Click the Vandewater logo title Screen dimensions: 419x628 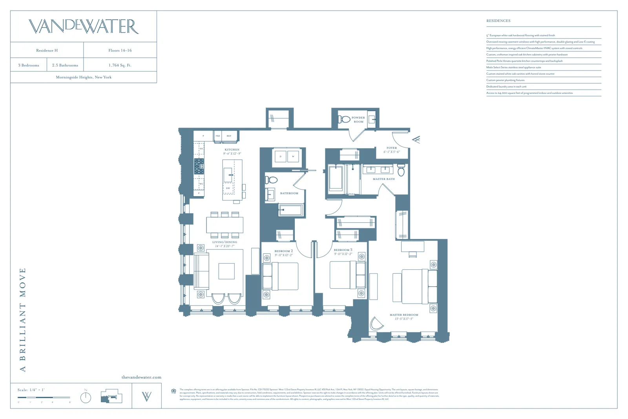(x=84, y=26)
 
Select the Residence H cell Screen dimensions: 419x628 (x=47, y=50)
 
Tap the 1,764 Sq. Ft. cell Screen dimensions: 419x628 (x=120, y=65)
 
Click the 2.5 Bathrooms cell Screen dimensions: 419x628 (x=65, y=65)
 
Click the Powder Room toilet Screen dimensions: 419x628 (x=345, y=119)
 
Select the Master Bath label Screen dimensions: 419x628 (x=383, y=179)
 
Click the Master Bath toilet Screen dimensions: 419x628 (x=401, y=171)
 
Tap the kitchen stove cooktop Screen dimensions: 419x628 (x=199, y=166)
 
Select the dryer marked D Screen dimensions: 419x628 (x=281, y=156)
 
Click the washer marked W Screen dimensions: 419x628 (x=293, y=156)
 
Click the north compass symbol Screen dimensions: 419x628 (x=86, y=397)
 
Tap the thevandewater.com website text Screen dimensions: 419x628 (x=141, y=377)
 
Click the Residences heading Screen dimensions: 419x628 (x=498, y=21)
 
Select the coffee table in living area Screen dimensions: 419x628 (x=226, y=271)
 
